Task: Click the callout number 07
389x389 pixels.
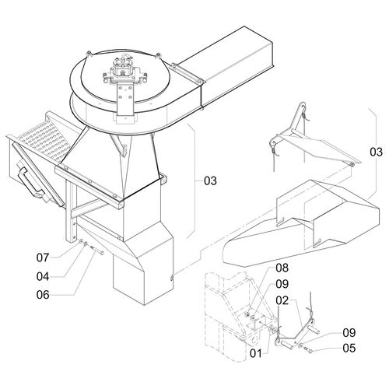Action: tap(43, 258)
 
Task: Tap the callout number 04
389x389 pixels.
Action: tap(43, 277)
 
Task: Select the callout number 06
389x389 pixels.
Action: tap(43, 295)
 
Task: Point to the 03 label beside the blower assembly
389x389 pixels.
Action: tap(210, 180)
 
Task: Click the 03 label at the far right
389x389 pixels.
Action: tap(377, 152)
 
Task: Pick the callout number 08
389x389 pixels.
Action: tap(282, 268)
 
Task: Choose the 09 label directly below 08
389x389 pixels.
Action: tap(282, 284)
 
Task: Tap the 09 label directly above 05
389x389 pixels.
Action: tap(349, 333)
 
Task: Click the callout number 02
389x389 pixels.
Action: tap(282, 300)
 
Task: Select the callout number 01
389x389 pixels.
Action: tap(256, 353)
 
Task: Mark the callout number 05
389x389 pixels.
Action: tap(349, 349)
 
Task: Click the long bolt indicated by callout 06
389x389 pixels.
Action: tap(96, 250)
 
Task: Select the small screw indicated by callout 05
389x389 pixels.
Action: tap(309, 349)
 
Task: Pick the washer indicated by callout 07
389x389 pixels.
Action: tap(81, 242)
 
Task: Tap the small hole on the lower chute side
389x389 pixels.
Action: tap(171, 279)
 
